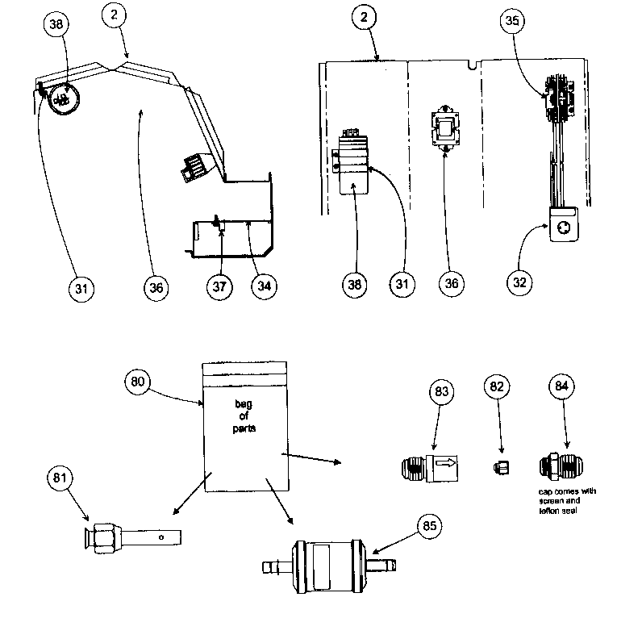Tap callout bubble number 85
click(x=427, y=528)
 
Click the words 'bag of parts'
click(x=244, y=415)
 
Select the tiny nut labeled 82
click(x=500, y=466)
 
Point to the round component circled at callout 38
click(x=61, y=100)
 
